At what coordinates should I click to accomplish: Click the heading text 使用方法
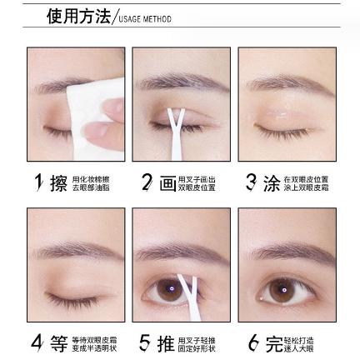[x=79, y=16]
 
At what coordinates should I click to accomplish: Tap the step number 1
[x=38, y=182]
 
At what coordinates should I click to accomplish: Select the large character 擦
[x=58, y=183]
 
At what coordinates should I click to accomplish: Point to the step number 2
[x=147, y=182]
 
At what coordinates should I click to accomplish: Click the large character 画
[x=167, y=183]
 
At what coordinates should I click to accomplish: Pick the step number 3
[x=251, y=182]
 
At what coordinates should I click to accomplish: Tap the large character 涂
[x=272, y=183]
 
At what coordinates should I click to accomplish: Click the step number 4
[x=37, y=342]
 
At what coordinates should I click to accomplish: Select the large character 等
[x=58, y=343]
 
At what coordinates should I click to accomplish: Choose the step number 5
[x=145, y=342]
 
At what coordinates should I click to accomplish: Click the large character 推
[x=167, y=343]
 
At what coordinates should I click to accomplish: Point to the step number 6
[x=252, y=342]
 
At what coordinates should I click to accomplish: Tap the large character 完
[x=273, y=343]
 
